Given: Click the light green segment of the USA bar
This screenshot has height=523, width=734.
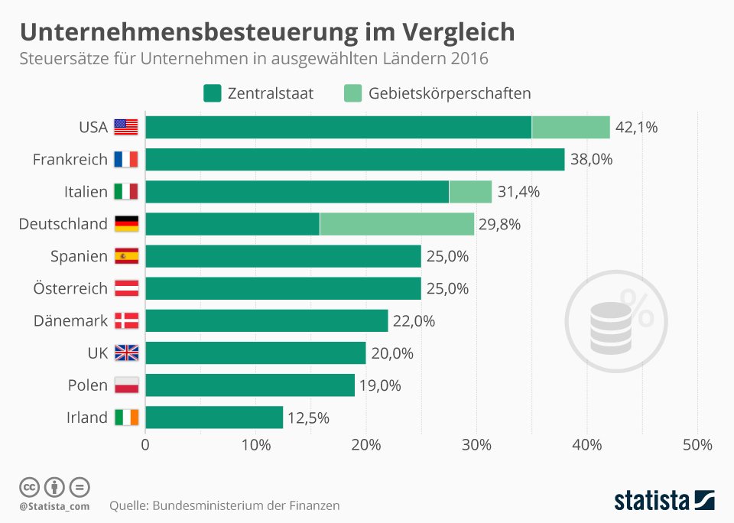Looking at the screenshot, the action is click(x=570, y=128).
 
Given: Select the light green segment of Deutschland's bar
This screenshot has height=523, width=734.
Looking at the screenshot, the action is click(x=397, y=224).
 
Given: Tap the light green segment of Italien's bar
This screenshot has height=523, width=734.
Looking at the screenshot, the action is click(x=470, y=192).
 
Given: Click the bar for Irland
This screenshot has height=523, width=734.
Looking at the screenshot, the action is click(x=214, y=417).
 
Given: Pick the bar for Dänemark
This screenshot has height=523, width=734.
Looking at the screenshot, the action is click(x=267, y=320).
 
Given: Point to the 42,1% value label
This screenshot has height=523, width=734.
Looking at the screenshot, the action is click(x=636, y=128).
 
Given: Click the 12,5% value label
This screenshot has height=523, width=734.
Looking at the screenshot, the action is click(x=308, y=417).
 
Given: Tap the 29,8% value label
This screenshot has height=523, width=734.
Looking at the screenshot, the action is click(x=499, y=224).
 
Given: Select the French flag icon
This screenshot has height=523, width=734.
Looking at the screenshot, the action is click(x=126, y=159).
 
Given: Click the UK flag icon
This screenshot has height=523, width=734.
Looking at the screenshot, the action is click(x=126, y=352).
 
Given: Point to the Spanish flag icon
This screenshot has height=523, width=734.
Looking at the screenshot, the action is click(x=126, y=256).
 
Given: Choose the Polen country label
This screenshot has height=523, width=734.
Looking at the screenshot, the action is click(x=87, y=385).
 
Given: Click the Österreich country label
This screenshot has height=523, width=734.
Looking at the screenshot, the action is click(x=70, y=288).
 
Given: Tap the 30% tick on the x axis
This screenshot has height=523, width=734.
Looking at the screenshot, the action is click(x=476, y=445).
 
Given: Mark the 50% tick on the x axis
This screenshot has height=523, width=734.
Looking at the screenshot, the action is click(x=697, y=445).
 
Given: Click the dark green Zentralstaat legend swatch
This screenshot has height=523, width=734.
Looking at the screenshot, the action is click(x=212, y=93).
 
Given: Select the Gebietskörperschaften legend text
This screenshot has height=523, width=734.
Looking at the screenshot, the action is click(x=450, y=93).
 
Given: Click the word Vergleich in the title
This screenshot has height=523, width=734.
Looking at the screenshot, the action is click(x=458, y=33).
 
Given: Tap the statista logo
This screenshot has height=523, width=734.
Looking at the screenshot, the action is click(x=664, y=500).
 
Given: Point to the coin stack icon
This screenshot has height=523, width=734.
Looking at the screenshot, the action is click(x=611, y=327).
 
